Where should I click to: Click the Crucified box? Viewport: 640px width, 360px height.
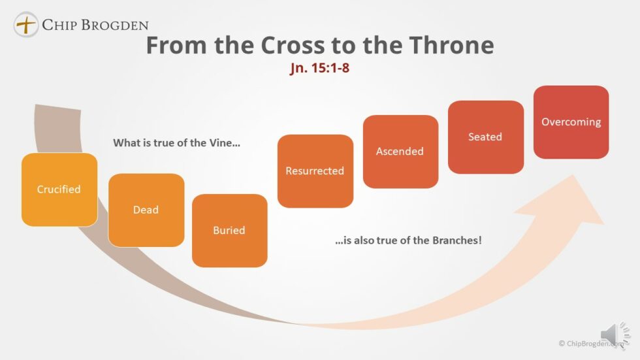coord(59,189)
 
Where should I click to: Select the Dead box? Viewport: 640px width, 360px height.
coord(146,210)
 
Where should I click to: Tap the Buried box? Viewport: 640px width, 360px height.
coord(229,231)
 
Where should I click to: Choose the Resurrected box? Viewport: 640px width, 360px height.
coord(315,171)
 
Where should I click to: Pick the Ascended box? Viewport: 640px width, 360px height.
coord(400,152)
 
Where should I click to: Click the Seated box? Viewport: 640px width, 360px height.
coord(485,137)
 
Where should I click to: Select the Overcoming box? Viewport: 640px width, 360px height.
coord(571,122)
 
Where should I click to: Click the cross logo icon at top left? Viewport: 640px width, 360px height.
coord(26,25)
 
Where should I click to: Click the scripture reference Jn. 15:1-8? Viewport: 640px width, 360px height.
coord(319,69)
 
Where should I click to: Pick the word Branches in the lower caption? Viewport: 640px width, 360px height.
coord(455,240)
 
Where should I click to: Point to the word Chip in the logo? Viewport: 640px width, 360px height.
coord(57,25)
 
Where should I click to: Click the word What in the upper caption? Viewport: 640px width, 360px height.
coord(126,142)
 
